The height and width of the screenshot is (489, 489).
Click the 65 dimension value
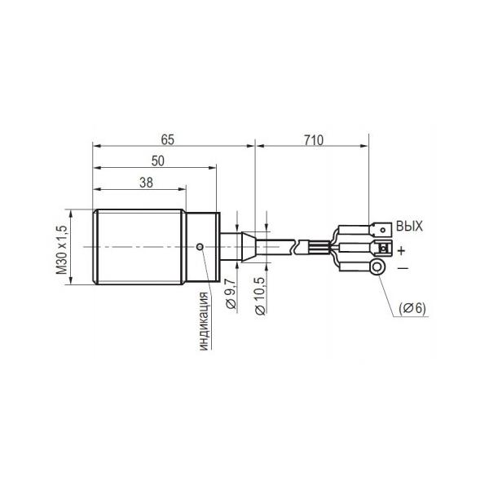pyautogui.click(x=167, y=139)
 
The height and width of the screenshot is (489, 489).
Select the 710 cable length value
pyautogui.click(x=314, y=140)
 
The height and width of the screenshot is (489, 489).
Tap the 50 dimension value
pyautogui.click(x=158, y=161)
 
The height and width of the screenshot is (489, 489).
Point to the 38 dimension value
pyautogui.click(x=146, y=183)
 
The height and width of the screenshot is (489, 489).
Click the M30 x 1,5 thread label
pyautogui.click(x=62, y=250)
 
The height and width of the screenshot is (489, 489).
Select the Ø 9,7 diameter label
pyautogui.click(x=231, y=293)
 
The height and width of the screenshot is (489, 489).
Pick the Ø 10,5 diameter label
pyautogui.click(x=260, y=296)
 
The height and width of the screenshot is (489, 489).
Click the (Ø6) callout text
pyautogui.click(x=412, y=308)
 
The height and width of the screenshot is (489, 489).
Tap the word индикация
pyautogui.click(x=203, y=321)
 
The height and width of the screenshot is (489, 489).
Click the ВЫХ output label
pyautogui.click(x=409, y=226)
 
